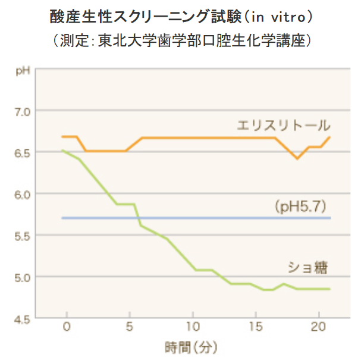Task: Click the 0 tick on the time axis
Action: coord(67,327)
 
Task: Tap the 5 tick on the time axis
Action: coord(130,327)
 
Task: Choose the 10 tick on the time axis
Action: coord(192,327)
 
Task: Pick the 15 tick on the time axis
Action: coord(255,327)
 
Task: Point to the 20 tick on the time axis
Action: coord(318,327)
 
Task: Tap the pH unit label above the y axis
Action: coord(23,72)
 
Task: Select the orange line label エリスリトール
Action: coord(283,125)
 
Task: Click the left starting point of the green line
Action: coord(63,151)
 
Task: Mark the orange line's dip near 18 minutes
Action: coord(297,158)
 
